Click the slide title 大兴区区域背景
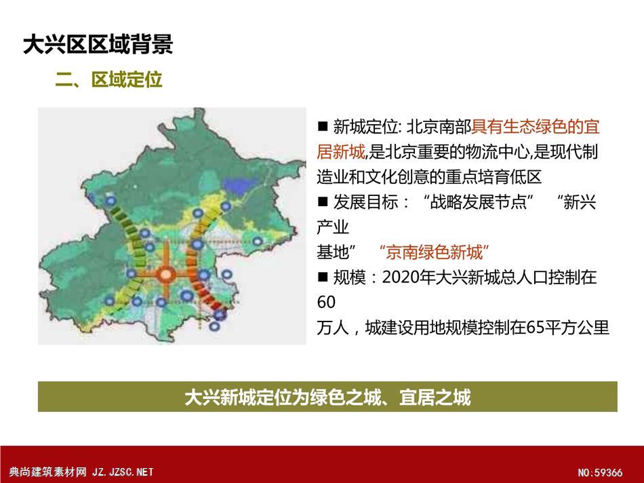[x=98, y=44]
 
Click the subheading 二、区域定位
[x=109, y=79]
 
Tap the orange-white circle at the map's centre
[x=166, y=274]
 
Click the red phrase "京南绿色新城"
[x=434, y=252]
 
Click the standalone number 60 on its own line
[x=326, y=303]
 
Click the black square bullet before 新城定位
[x=323, y=125]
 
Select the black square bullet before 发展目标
[x=323, y=201]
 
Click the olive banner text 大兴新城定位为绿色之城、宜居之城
[x=327, y=397]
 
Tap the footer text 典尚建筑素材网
[x=47, y=472]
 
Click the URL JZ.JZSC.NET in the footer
[x=123, y=472]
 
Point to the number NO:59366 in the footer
[x=600, y=473]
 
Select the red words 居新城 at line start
[x=341, y=152]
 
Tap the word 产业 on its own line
[x=333, y=227]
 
